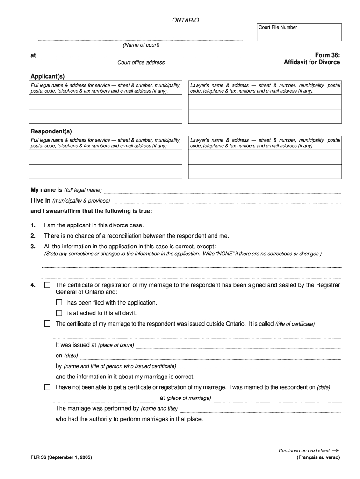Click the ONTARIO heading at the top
186,20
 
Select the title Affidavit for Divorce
312,62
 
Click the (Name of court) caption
141,45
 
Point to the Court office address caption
141,62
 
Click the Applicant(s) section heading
48,76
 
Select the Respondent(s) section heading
51,131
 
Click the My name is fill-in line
222,191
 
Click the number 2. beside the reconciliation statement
33,236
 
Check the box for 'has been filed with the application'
59,303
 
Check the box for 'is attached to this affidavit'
59,313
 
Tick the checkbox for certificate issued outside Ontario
47,324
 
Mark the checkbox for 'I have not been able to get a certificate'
47,387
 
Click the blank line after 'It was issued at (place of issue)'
238,346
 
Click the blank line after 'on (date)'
210,356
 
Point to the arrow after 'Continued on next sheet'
335,450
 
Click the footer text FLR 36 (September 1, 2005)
61,457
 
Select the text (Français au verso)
318,457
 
